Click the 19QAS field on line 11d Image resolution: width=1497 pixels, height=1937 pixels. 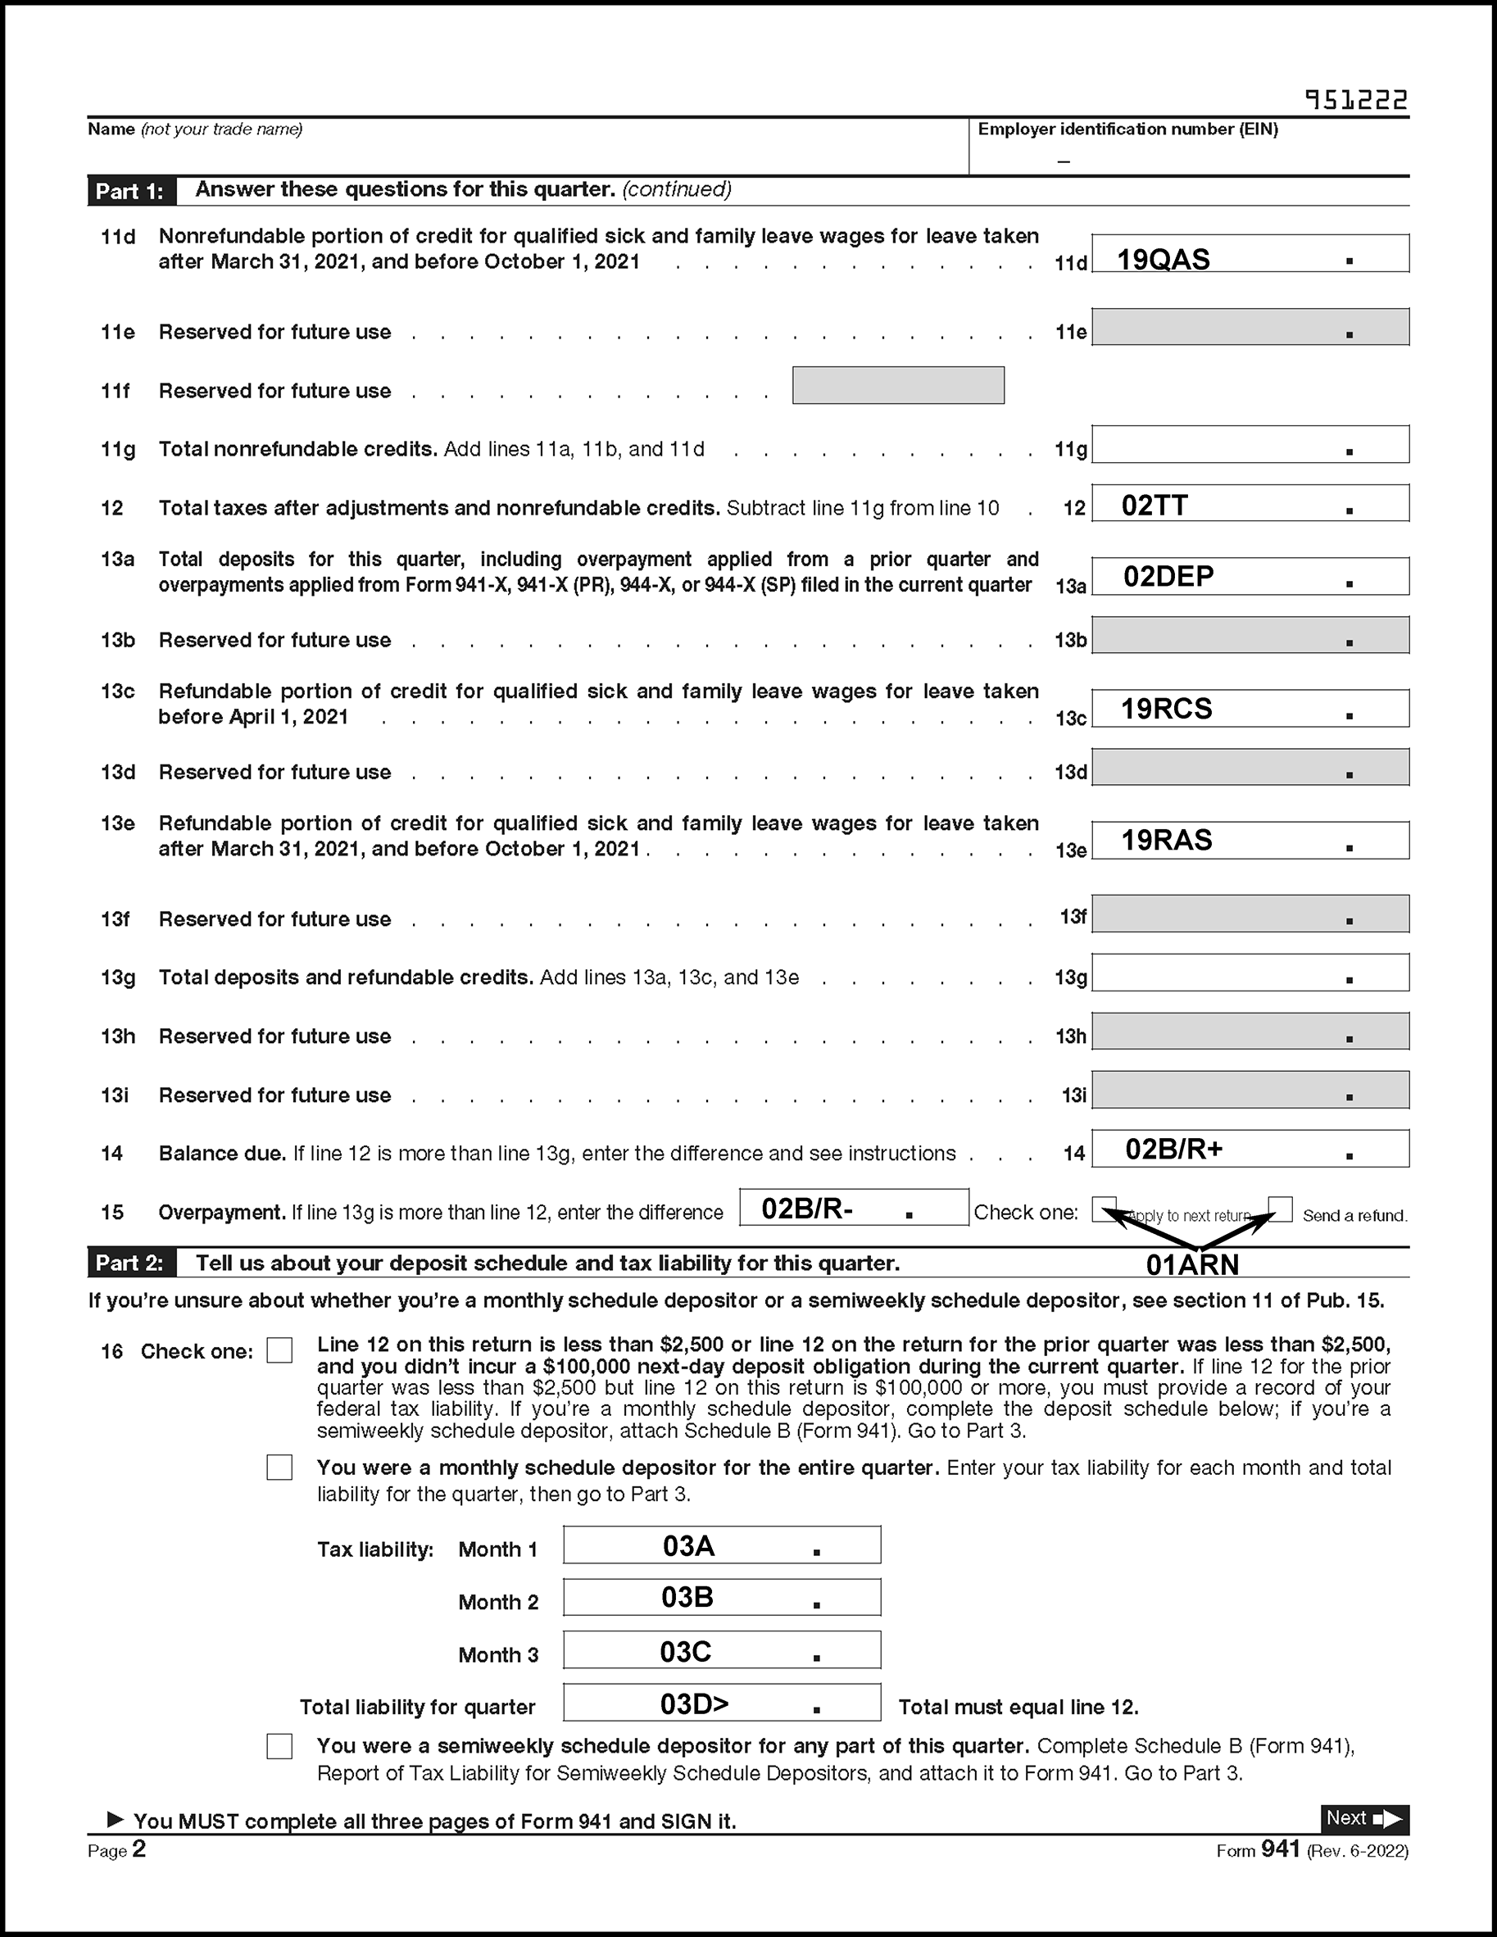tap(1250, 254)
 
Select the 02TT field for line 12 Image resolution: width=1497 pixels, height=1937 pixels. tap(1250, 503)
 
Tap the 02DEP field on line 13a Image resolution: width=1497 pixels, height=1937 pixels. tap(1250, 577)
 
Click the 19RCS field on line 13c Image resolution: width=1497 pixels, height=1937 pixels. tap(1250, 709)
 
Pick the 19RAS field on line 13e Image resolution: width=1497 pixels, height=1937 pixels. tap(1250, 840)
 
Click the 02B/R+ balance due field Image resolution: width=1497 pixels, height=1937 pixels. tap(1250, 1149)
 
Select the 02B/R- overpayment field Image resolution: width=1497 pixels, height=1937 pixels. tap(853, 1207)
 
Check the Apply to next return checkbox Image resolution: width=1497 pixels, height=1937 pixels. tap(1105, 1209)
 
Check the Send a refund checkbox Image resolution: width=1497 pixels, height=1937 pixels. tap(1280, 1209)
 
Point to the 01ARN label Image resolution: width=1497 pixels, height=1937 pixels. tap(1192, 1263)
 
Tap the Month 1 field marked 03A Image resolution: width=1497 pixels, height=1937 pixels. tap(722, 1545)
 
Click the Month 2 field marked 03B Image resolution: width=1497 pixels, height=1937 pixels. tap(722, 1597)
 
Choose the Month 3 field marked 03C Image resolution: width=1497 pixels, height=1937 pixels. tap(722, 1649)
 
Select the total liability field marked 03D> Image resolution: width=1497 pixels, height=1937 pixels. tap(722, 1702)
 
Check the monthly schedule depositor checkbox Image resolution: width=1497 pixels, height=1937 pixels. tap(279, 1467)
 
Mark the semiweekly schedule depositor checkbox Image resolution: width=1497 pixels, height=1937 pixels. tap(279, 1745)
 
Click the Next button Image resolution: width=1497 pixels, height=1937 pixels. tap(1364, 1819)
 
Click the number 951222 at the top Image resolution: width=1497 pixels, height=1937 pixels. tap(1356, 100)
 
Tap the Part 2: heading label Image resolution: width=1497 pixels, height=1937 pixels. tap(130, 1263)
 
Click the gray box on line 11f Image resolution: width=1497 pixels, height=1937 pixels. tap(897, 385)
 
